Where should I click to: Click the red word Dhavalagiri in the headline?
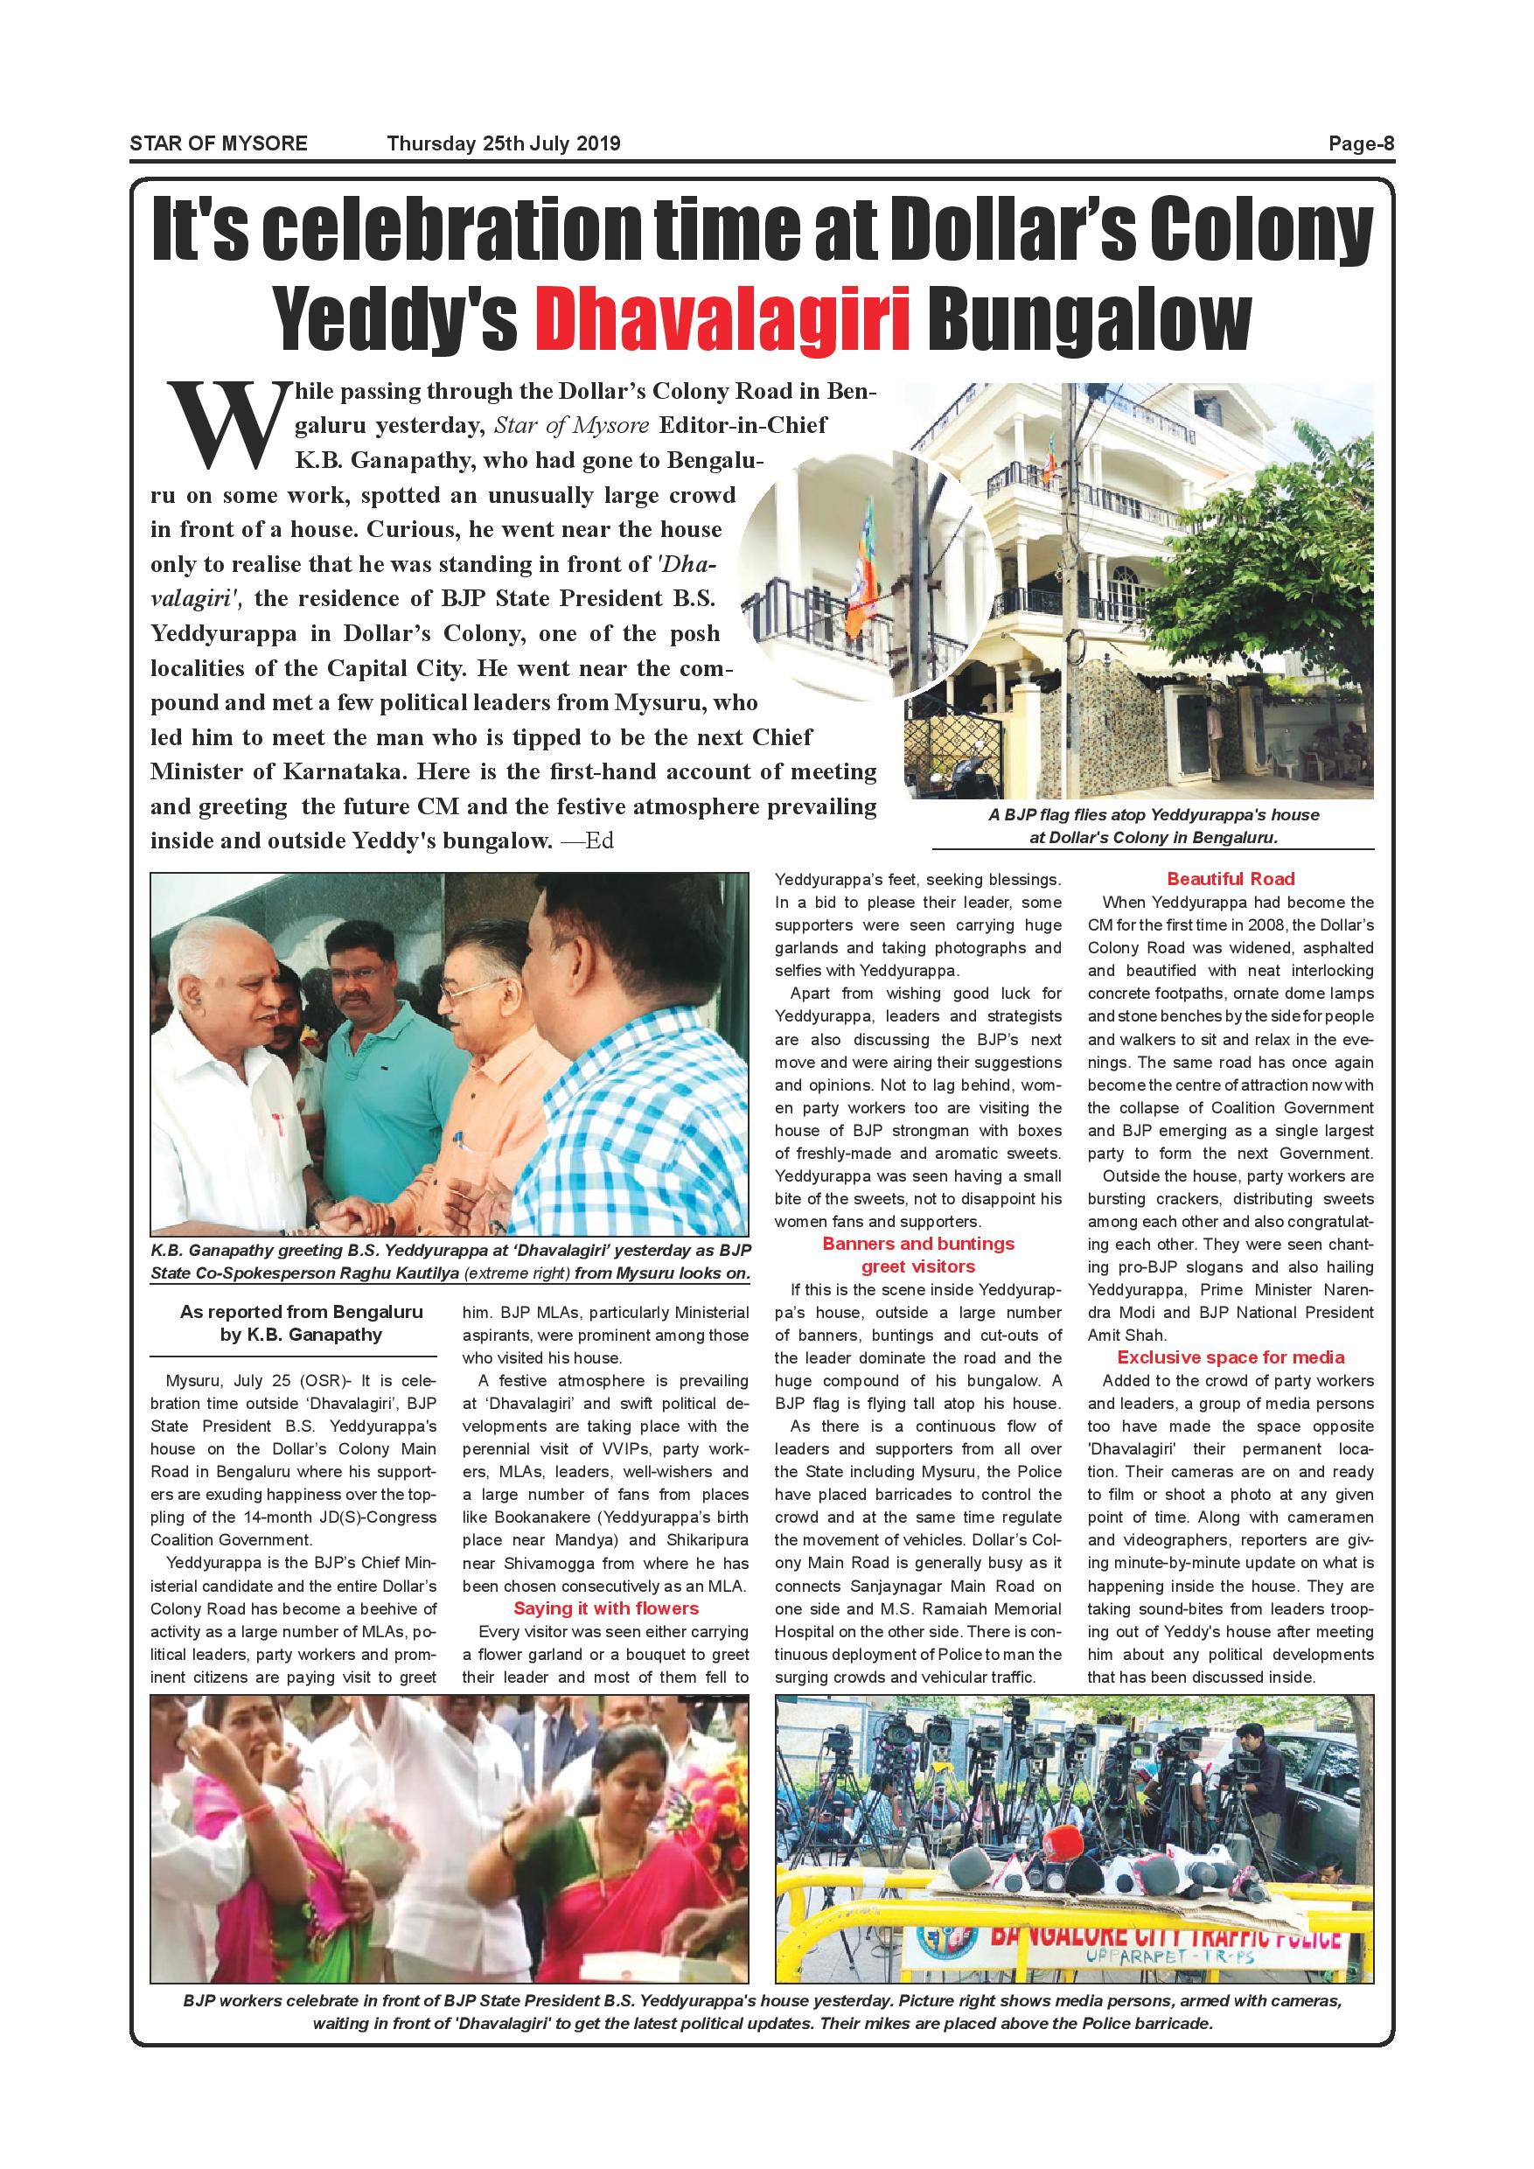tap(722, 320)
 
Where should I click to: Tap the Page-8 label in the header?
tap(1361, 144)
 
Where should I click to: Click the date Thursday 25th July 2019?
tap(504, 144)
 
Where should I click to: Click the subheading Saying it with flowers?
tap(605, 1608)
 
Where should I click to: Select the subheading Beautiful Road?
tap(1230, 880)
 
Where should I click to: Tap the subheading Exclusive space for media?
tap(1230, 1357)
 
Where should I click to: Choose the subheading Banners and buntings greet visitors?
tap(918, 1254)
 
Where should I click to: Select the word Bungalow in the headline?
tap(1088, 320)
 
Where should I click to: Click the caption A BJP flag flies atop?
tap(1154, 815)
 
